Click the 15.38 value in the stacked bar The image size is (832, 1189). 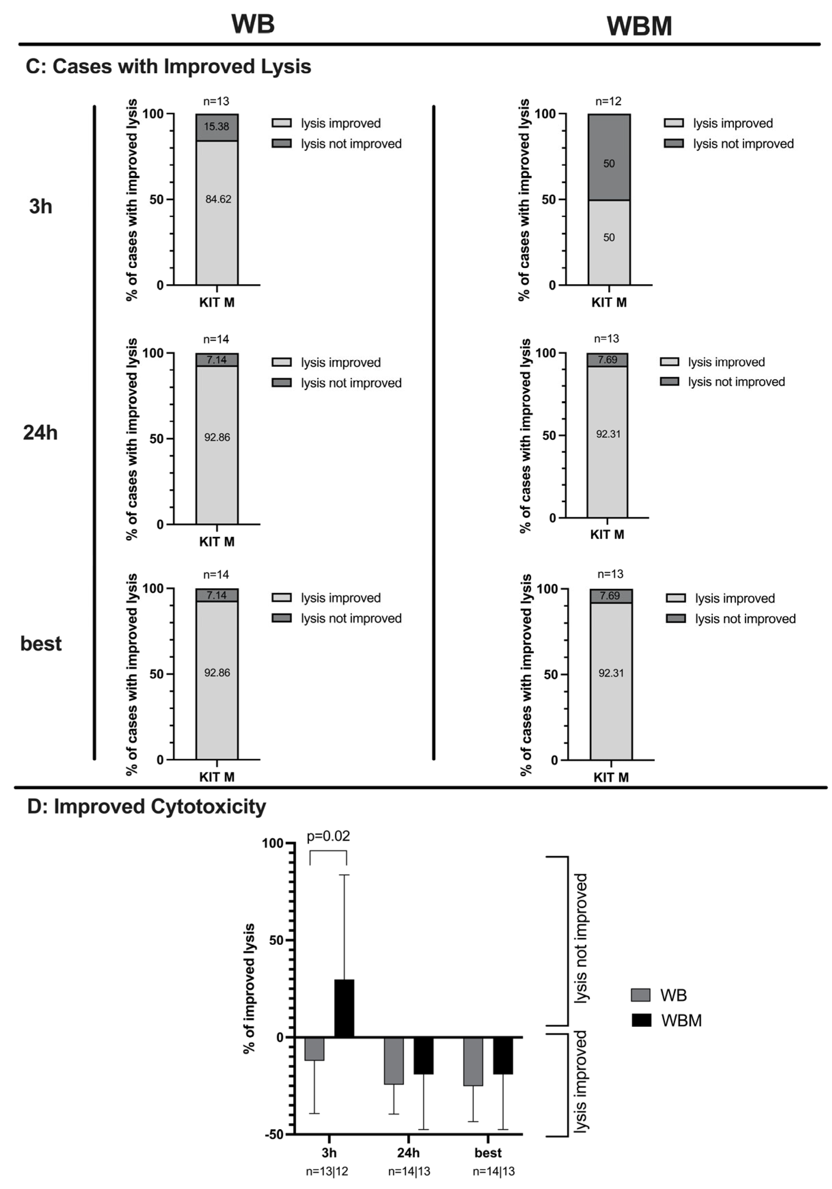pyautogui.click(x=217, y=126)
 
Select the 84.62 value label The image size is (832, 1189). pyautogui.click(x=218, y=199)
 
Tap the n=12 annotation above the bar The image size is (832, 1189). pyautogui.click(x=608, y=101)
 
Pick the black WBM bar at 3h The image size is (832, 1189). pyautogui.click(x=344, y=1008)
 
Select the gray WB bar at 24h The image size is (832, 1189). pyautogui.click(x=393, y=1060)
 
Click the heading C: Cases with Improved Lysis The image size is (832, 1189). pyautogui.click(x=168, y=66)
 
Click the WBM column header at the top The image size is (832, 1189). pyautogui.click(x=639, y=26)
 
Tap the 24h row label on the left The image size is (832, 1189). pyautogui.click(x=40, y=432)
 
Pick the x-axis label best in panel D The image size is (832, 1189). pyautogui.click(x=488, y=1153)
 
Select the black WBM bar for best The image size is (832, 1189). pyautogui.click(x=503, y=1055)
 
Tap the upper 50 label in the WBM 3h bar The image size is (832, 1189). pyautogui.click(x=609, y=164)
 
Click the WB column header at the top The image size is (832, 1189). pyautogui.click(x=253, y=24)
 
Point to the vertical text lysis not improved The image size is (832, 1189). pyautogui.click(x=581, y=938)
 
